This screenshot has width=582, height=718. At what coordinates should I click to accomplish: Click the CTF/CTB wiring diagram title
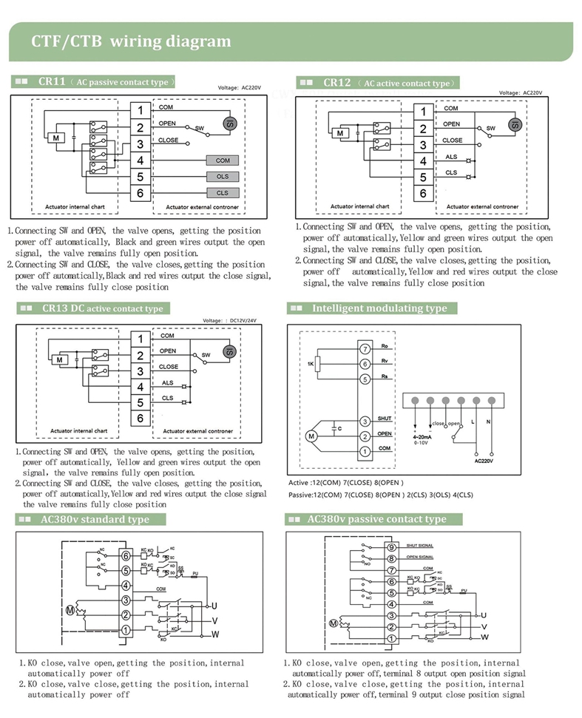tap(131, 41)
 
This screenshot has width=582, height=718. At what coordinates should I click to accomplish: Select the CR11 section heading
tap(95, 82)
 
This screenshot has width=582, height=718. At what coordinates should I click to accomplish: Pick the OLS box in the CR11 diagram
tap(223, 177)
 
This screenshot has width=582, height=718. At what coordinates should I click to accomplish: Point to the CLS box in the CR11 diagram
tap(223, 193)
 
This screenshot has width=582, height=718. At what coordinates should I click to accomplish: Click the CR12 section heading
tap(376, 83)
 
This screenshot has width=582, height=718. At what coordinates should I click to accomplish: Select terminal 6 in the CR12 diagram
tap(422, 194)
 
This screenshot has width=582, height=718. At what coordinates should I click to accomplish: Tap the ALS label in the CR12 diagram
tap(451, 157)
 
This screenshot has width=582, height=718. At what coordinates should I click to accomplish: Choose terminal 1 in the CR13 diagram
tap(140, 339)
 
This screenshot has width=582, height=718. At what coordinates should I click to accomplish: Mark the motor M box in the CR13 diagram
tap(61, 360)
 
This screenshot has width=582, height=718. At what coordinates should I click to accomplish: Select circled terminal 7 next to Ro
tap(364, 348)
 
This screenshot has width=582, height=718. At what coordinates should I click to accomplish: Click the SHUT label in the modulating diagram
tap(384, 419)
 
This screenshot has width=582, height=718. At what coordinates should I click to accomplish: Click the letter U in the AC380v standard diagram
tap(215, 606)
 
